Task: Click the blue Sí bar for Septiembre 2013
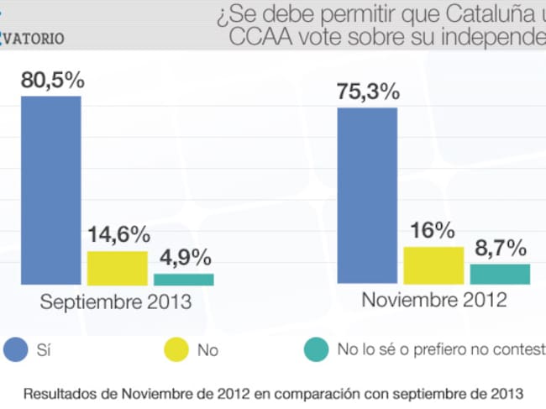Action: [50, 191]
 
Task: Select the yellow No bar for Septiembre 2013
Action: [117, 268]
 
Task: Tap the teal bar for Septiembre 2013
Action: [183, 280]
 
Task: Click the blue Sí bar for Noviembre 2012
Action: [367, 196]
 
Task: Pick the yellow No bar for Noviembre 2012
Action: [433, 265]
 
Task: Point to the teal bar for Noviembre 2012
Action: [500, 274]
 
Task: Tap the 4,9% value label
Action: [183, 258]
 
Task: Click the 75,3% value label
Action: [367, 92]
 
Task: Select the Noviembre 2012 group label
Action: [434, 300]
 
